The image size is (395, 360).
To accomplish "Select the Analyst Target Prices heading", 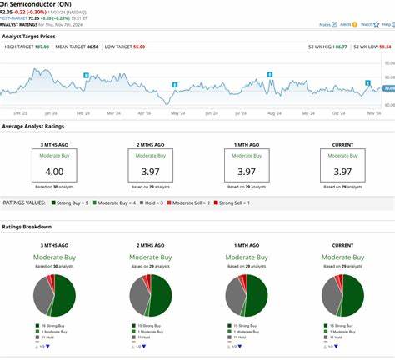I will coord(29,37).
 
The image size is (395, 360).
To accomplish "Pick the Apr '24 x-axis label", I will coord(144,112).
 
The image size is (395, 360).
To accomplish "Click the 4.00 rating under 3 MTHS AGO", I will coord(54,171).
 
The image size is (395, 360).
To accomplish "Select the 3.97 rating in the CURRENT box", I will coord(342,171).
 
